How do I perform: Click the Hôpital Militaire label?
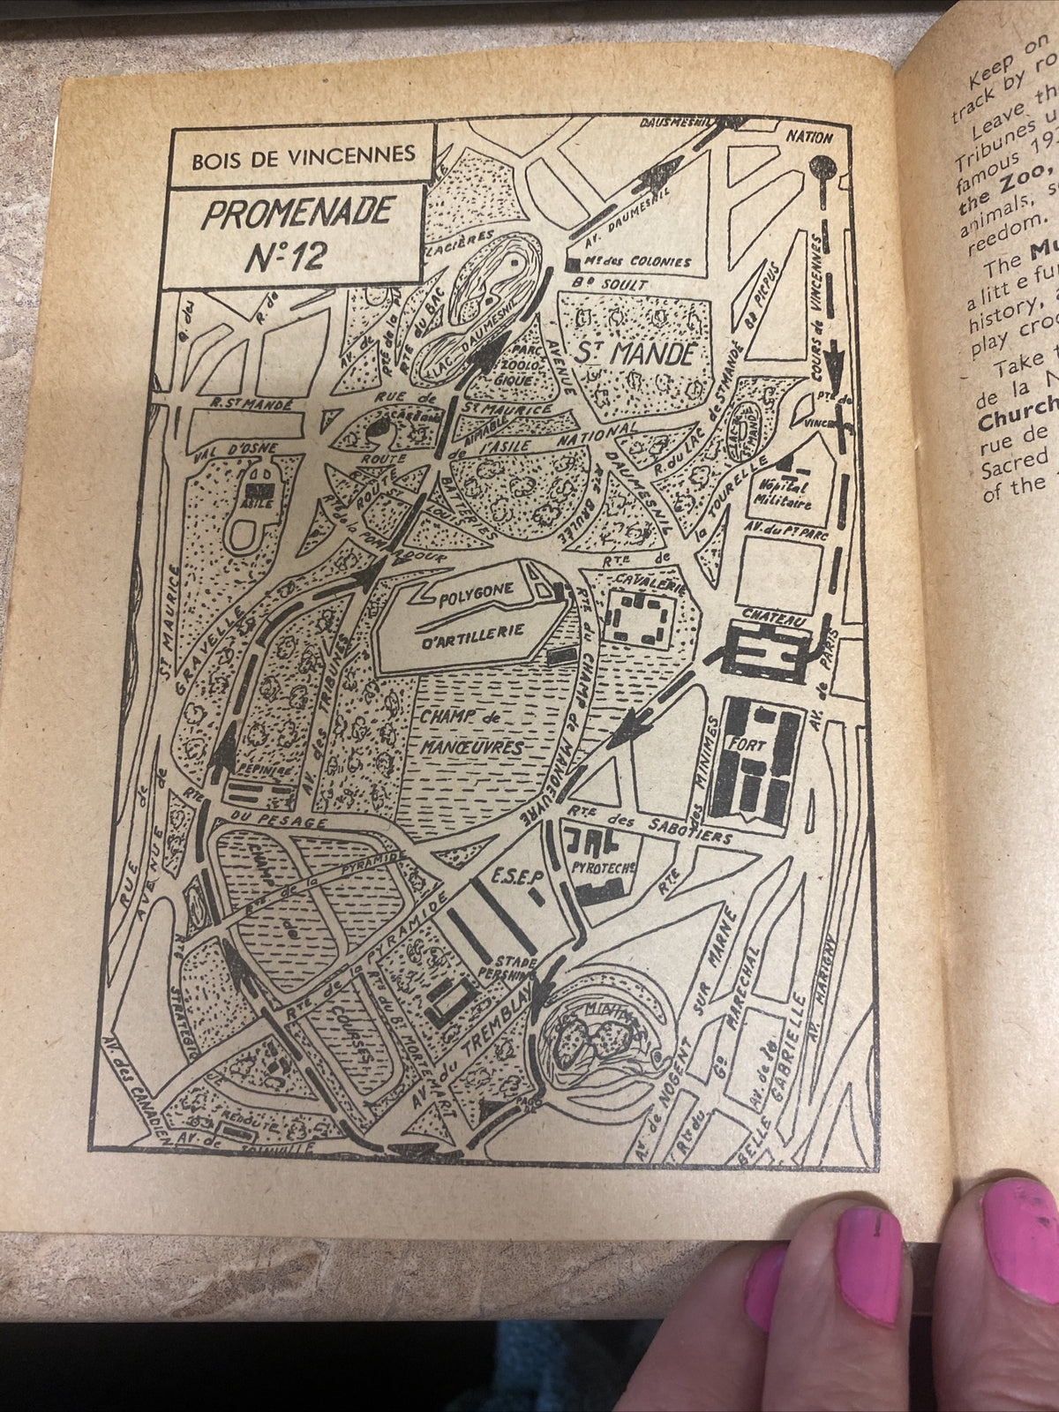[x=792, y=496]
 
